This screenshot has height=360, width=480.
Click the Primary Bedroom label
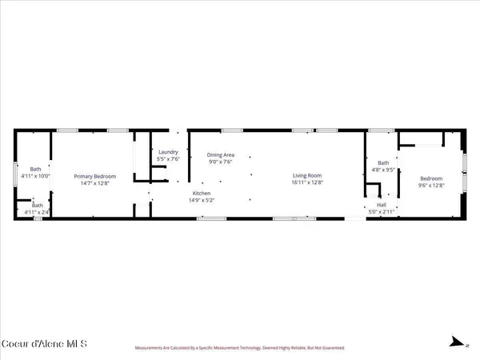[95, 176]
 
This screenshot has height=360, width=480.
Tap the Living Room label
[308, 176]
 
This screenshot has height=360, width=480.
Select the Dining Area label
[220, 155]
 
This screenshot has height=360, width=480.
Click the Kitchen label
[201, 194]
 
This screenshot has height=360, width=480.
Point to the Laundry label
[168, 152]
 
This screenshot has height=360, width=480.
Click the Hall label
[382, 205]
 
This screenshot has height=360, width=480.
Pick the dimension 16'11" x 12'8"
[308, 183]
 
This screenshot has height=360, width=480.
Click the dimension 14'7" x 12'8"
[95, 183]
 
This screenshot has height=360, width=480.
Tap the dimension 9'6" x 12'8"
[430, 185]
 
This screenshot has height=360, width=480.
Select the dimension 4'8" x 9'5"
[383, 170]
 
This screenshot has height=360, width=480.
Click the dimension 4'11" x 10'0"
[36, 176]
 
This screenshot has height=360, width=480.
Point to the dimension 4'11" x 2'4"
[36, 212]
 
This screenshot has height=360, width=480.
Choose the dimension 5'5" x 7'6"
[168, 159]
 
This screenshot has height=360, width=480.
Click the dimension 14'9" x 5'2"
[201, 201]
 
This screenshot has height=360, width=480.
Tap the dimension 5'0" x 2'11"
[382, 212]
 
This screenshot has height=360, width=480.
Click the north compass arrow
[458, 343]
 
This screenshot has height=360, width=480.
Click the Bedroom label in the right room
[430, 178]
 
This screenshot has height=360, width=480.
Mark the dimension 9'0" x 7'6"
[220, 162]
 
